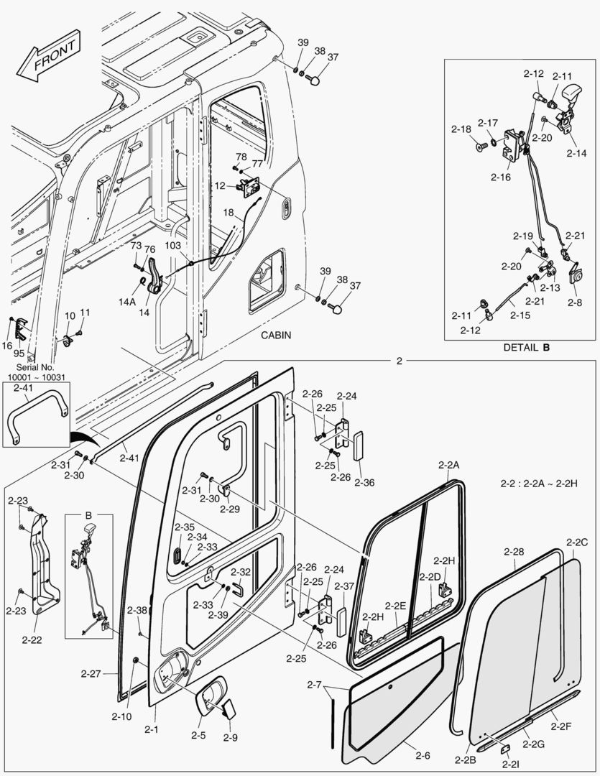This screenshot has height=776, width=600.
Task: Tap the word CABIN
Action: click(x=276, y=336)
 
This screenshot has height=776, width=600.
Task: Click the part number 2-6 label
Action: click(x=423, y=755)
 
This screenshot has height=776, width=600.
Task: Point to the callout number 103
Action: click(x=174, y=246)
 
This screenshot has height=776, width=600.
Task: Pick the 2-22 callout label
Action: click(x=32, y=639)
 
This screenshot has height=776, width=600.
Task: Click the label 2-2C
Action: click(x=577, y=542)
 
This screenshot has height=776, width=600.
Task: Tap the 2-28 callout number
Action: click(x=513, y=552)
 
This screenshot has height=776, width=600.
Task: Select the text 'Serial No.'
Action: click(x=31, y=366)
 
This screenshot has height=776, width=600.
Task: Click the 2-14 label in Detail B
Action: click(x=576, y=153)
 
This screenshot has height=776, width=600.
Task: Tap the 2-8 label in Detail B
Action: click(x=574, y=303)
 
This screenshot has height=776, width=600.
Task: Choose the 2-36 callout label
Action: click(x=364, y=483)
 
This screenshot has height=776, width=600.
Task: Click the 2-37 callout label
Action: click(x=345, y=587)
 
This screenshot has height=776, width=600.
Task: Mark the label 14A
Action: click(x=127, y=302)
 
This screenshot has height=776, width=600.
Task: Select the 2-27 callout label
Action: click(x=91, y=674)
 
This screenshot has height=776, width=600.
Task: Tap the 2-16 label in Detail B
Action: click(x=500, y=177)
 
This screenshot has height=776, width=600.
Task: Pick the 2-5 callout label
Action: click(x=198, y=735)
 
